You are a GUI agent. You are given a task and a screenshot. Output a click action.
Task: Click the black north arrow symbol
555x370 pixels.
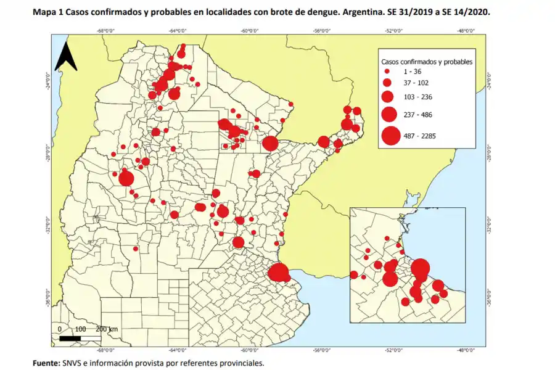click(65, 57)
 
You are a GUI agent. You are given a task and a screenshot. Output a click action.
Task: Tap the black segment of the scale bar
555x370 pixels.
click(70, 338)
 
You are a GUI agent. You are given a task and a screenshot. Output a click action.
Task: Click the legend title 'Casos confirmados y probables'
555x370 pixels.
click(427, 62)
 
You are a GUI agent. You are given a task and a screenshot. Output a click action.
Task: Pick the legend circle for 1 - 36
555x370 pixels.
click(387, 72)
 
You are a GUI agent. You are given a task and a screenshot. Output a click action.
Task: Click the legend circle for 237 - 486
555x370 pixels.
click(388, 114)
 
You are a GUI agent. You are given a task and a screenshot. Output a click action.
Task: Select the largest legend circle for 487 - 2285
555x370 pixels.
click(390, 136)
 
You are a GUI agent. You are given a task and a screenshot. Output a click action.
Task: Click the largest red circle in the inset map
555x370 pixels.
click(421, 269)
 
